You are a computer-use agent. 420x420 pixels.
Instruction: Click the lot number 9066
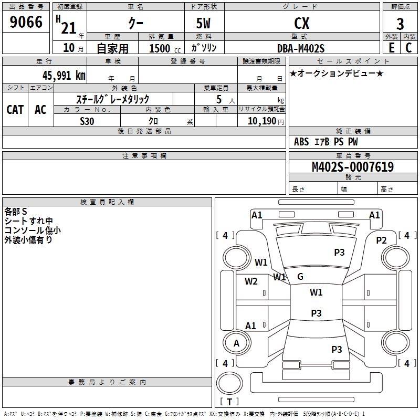coord(26,22)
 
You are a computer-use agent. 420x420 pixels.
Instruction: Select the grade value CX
coord(301,23)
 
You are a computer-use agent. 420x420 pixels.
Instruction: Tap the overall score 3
coord(400,24)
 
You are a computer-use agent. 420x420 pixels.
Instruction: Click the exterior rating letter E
coord(392,48)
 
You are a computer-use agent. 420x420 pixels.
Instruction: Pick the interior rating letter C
coord(408,48)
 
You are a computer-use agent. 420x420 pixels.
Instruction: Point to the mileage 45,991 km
coord(64,76)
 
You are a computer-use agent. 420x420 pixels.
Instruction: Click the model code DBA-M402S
coord(301,48)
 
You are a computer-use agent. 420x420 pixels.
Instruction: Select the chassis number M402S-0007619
coord(353,166)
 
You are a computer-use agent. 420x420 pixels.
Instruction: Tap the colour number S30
coord(87,121)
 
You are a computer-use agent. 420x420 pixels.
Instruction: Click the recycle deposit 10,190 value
coord(262,121)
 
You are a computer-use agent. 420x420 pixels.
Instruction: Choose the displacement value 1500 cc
coord(165,48)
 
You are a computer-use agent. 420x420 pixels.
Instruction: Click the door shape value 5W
coord(203,23)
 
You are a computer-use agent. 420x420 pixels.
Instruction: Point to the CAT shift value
coord(15,110)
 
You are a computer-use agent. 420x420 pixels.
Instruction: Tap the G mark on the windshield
coord(300,277)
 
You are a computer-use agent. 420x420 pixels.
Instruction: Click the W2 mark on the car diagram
coord(251,281)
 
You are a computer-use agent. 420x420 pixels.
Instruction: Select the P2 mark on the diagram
coord(381,240)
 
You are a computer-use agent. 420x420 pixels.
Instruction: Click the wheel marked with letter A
coord(237,343)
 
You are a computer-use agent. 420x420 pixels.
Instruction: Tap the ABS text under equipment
coord(301,142)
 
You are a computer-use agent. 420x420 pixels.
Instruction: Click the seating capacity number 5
coord(219,99)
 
